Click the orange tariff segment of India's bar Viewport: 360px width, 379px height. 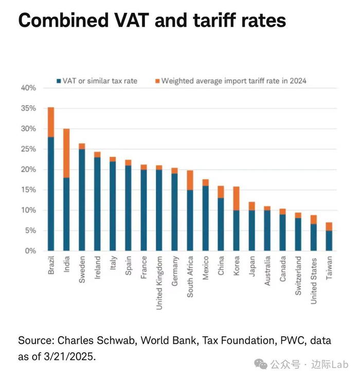(x=67, y=152)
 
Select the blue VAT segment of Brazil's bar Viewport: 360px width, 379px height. (x=51, y=194)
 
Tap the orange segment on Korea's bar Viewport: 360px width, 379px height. (x=237, y=198)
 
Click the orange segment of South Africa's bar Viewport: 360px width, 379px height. (x=190, y=180)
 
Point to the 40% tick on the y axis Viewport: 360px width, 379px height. (x=28, y=88)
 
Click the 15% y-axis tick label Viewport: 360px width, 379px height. (x=28, y=190)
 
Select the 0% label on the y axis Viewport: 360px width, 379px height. (x=30, y=251)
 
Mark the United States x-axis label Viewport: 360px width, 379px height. (x=314, y=281)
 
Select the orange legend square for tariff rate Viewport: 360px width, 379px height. (x=157, y=81)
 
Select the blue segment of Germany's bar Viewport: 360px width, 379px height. (x=174, y=212)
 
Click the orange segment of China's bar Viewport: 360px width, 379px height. (x=221, y=192)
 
